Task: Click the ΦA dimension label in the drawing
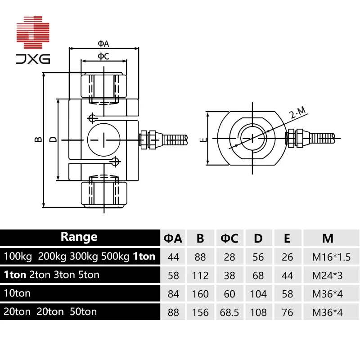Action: point(103,43)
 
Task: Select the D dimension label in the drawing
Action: point(53,140)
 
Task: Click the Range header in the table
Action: point(79,237)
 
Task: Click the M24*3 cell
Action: point(328,275)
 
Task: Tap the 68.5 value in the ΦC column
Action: point(229,311)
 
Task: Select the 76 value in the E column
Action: point(287,311)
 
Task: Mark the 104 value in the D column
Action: point(258,293)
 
